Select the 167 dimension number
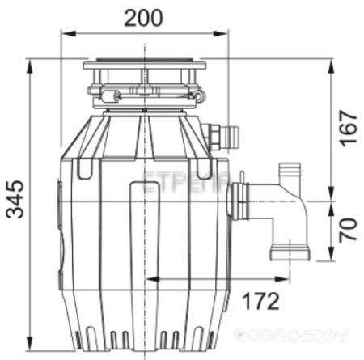345,127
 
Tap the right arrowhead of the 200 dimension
223,34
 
